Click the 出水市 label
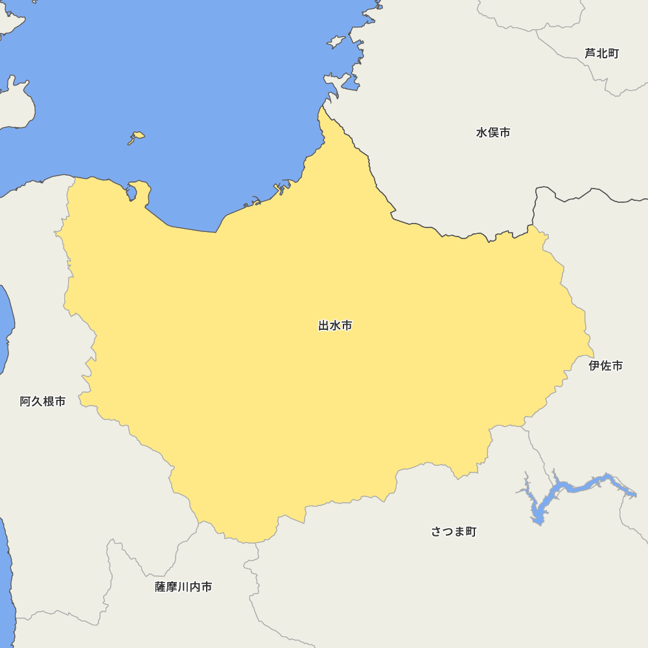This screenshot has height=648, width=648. pos(335,326)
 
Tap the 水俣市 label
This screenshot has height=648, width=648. pos(493,133)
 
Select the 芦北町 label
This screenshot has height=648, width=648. pos(602,53)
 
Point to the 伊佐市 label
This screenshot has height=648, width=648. pos(606,365)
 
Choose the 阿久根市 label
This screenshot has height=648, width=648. pos(43,402)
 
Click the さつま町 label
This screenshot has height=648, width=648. pos(454,532)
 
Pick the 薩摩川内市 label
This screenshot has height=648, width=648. pos(183,587)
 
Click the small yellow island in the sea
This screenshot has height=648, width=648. pos(137,136)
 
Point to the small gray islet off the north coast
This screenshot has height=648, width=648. pos(336,42)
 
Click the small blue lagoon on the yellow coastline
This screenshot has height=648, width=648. pos(132,192)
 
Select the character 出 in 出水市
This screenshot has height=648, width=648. pos(324,326)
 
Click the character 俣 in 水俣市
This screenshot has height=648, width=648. pos(493,133)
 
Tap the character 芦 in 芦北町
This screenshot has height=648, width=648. pos(590,53)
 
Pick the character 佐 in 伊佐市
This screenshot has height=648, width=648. pos(606,365)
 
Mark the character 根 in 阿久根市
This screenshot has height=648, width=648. pos(49,402)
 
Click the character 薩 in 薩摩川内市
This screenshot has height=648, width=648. pos(161,587)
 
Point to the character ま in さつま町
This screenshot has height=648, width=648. pos(459,532)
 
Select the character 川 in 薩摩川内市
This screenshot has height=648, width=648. pos(183,587)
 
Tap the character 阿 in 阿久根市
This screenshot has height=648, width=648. pos(25,402)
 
